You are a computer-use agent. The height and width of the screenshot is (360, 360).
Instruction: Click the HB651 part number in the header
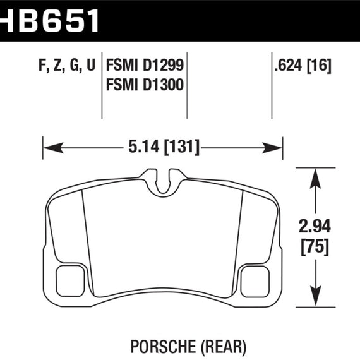[x=49, y=21]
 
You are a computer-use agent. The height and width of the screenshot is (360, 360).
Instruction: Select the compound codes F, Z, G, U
[x=67, y=65]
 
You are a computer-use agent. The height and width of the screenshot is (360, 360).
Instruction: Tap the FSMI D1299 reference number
[x=145, y=65]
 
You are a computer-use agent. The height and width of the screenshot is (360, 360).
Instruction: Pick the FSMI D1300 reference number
[x=145, y=85]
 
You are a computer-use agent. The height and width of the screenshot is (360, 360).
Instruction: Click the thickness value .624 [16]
[x=303, y=66]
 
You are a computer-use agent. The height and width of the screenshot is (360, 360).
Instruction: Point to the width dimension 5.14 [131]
[x=164, y=147]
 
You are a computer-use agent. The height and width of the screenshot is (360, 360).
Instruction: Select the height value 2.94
[x=315, y=226]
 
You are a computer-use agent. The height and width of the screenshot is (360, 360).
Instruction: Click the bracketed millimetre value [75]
[x=315, y=247]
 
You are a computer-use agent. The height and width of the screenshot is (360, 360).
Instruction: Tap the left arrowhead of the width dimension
[x=53, y=148]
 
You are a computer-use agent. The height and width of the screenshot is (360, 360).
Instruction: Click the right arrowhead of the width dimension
[x=272, y=148]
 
